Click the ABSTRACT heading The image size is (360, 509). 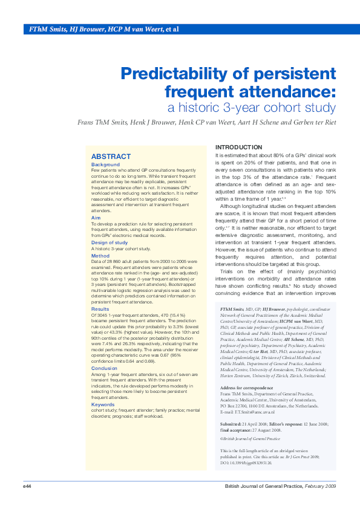(111, 157)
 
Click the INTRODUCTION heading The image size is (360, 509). (239, 148)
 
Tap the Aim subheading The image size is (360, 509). (96, 217)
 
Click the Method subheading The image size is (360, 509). (101, 256)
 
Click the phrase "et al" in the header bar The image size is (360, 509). (171, 29)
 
